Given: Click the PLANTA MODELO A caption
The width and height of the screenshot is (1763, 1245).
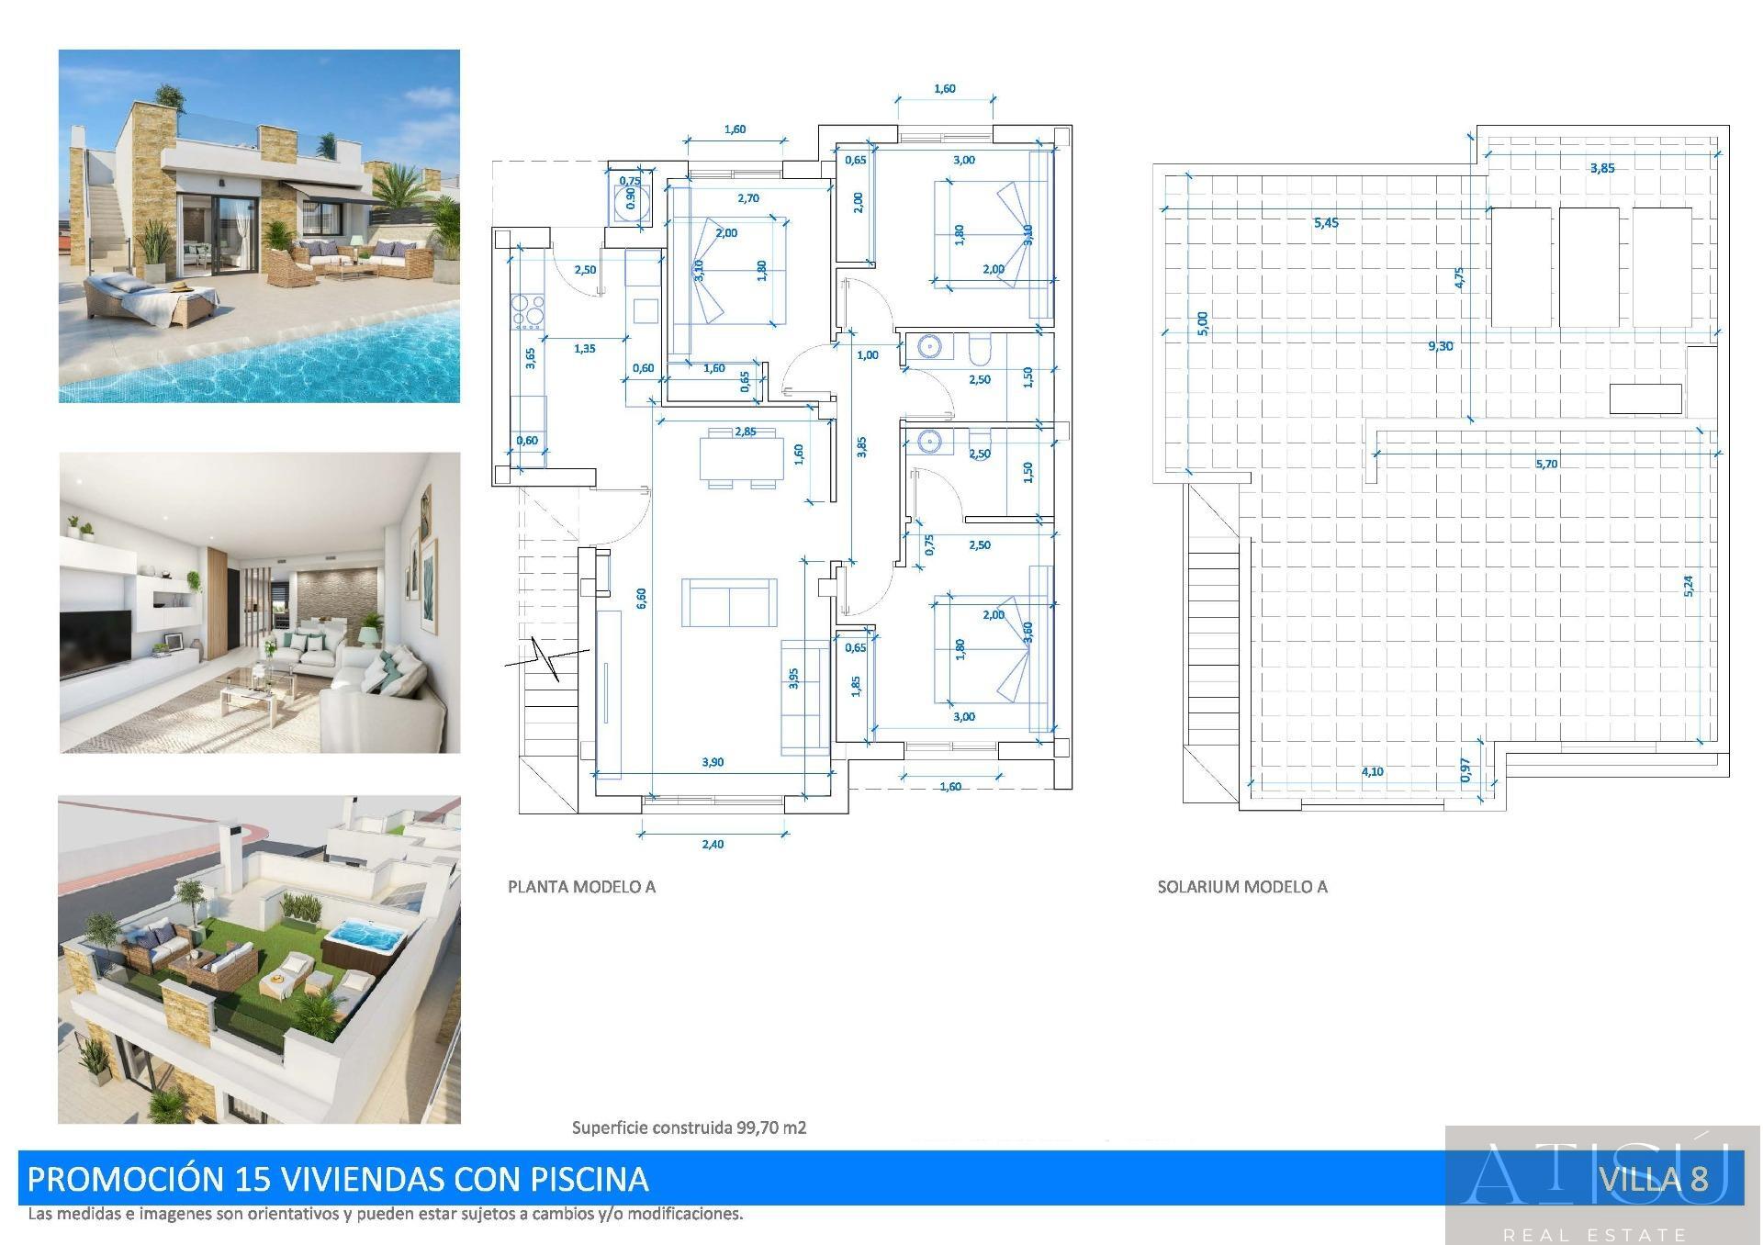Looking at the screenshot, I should click(581, 887).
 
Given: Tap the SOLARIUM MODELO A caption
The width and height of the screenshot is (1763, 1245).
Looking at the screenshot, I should click(1241, 887).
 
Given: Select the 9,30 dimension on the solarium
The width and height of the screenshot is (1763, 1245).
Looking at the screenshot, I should click(1440, 346).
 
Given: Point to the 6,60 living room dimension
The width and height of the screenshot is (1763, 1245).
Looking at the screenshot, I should click(641, 598).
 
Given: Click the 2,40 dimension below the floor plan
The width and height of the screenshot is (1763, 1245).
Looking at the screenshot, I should click(713, 845).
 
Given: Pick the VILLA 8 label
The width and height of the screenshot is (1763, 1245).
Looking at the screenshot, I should click(1653, 1179).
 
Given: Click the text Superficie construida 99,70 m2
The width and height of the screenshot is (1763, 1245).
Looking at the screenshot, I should click(689, 1127).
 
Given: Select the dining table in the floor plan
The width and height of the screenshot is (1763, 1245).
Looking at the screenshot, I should click(741, 457).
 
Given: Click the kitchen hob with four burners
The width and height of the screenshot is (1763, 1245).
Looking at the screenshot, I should click(528, 310).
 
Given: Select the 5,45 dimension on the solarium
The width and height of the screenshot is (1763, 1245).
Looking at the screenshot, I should click(1326, 223).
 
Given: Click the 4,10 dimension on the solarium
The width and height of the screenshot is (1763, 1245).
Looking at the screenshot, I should click(1372, 772).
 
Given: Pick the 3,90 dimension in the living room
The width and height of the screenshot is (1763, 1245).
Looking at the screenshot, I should click(713, 762).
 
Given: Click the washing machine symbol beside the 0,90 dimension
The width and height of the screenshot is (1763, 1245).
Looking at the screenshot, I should click(631, 199).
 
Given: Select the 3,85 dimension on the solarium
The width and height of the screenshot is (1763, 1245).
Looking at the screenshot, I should click(1601, 169).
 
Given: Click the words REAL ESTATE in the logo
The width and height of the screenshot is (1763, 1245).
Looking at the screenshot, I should click(1594, 1235).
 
